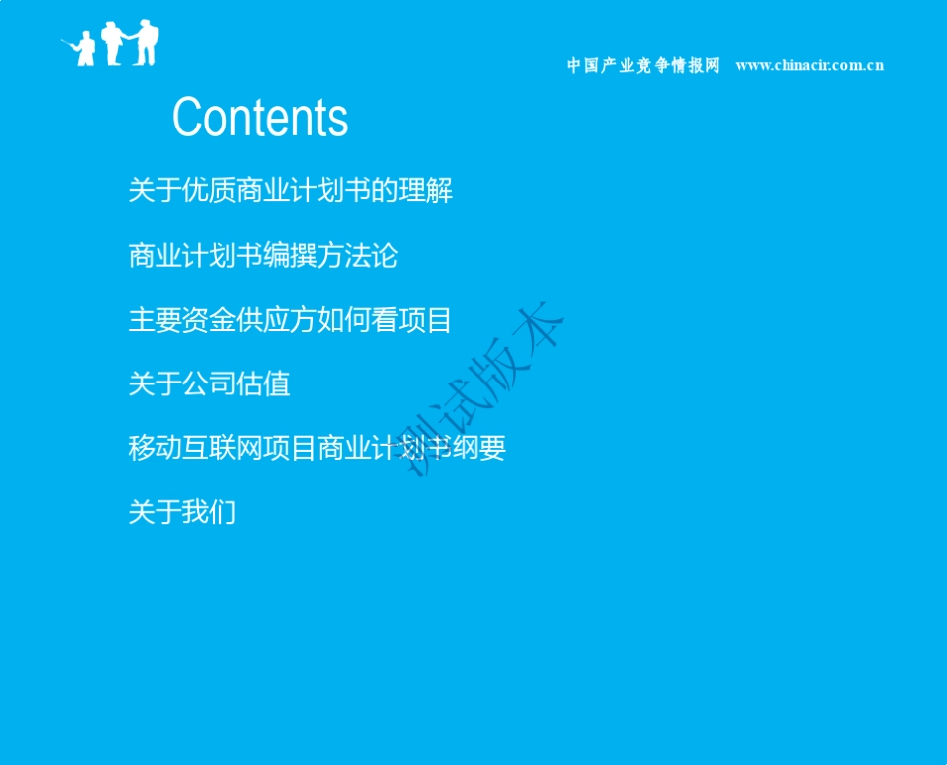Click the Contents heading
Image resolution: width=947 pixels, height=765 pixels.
coord(260,118)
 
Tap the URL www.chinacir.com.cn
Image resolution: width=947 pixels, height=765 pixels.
coord(809,66)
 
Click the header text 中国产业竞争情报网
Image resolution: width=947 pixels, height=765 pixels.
coord(643,66)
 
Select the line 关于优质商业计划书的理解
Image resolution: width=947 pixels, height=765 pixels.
coord(290,190)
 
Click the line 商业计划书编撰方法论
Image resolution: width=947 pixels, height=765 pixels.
coord(263,256)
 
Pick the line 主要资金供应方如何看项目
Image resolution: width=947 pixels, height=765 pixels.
coord(290,320)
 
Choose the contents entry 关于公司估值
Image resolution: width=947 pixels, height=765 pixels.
coord(209,383)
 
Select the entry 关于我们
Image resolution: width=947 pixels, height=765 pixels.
coord(182,512)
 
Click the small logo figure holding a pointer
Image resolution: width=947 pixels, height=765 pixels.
coord(84,48)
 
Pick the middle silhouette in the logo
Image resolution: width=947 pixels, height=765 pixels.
coord(112,43)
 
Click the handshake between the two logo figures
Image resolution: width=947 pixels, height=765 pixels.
coord(128,38)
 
